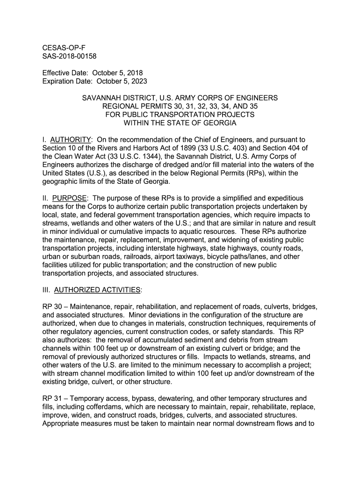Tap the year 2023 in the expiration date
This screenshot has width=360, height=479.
(x=139, y=81)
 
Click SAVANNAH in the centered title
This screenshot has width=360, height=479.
(x=103, y=98)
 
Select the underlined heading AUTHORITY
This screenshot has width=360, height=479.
(x=70, y=140)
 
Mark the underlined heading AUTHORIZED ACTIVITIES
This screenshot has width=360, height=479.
(x=97, y=290)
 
